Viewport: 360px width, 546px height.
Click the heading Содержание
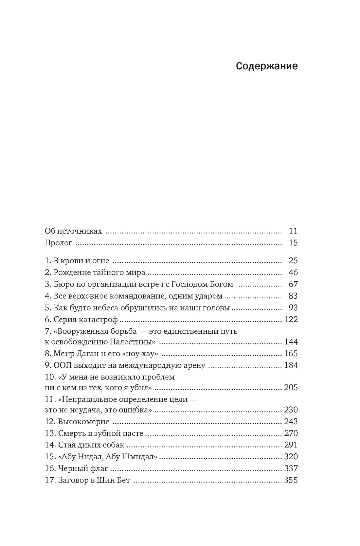[267, 66]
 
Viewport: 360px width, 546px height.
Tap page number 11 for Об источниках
[293, 231]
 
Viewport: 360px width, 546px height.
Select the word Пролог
[59, 243]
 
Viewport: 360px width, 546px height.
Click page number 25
[293, 261]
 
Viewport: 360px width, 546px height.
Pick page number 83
[293, 296]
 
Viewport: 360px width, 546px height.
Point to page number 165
[291, 354]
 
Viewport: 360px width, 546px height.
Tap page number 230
[291, 410]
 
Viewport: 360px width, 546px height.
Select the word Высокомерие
[84, 422]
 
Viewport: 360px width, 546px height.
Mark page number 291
[291, 445]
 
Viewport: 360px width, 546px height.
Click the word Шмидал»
[137, 457]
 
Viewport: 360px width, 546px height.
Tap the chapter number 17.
[50, 481]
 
